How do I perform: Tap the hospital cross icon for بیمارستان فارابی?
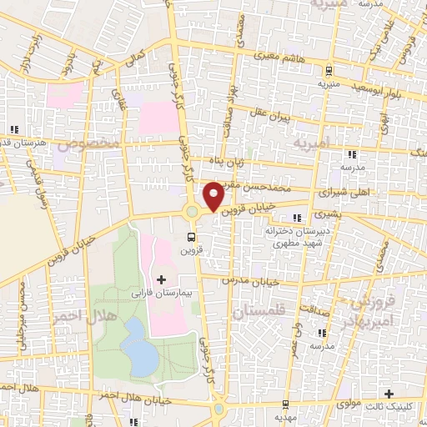(161, 278)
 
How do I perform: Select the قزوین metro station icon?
(191, 236)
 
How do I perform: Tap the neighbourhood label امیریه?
(312, 144)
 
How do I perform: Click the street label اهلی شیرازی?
(344, 191)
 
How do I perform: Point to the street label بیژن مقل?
(270, 118)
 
